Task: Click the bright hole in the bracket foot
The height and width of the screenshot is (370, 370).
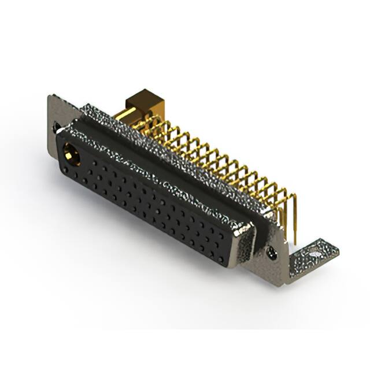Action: pos(314,253)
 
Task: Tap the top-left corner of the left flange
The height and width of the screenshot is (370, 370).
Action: pos(49,97)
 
